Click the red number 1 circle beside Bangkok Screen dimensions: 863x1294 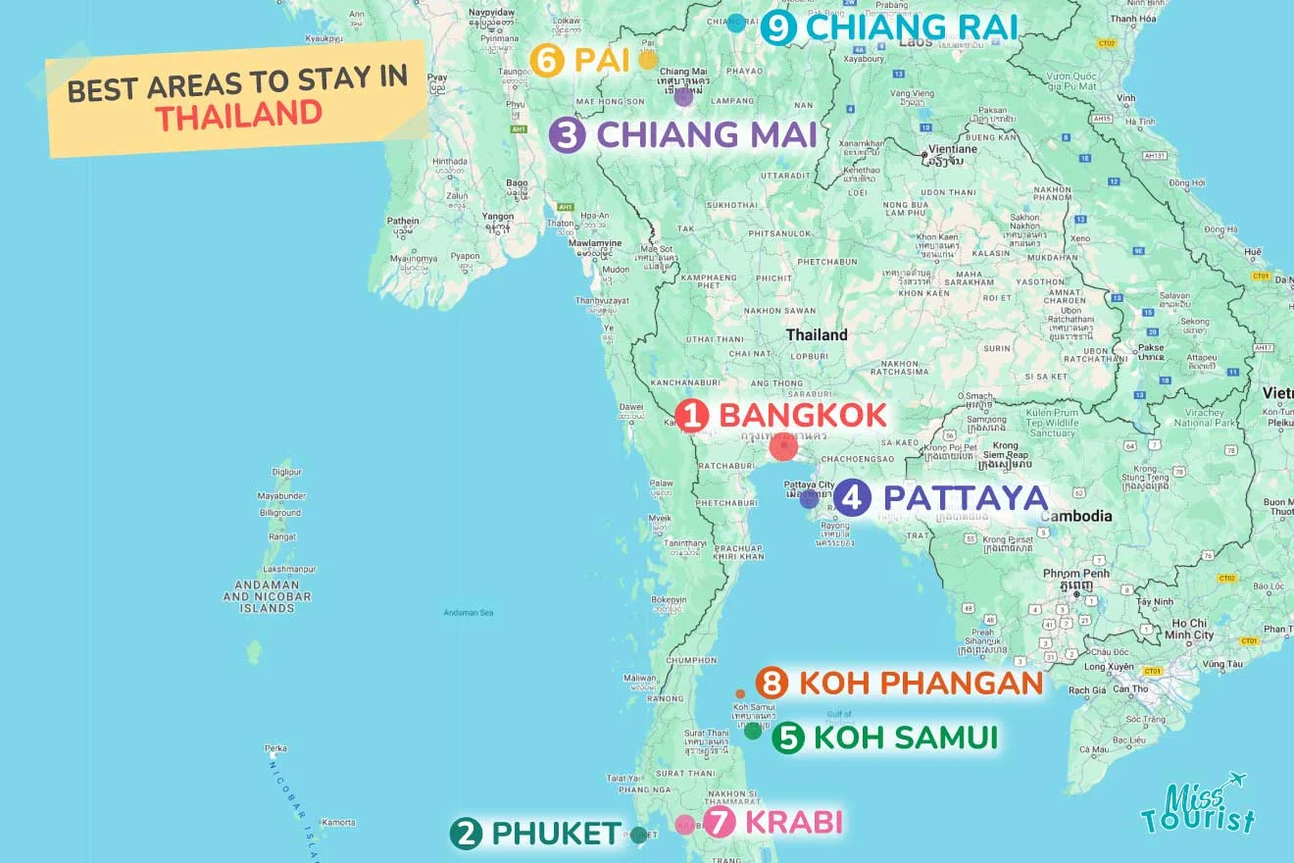[x=691, y=416]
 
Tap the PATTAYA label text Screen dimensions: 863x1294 [x=966, y=498]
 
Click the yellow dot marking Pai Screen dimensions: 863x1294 [x=647, y=61]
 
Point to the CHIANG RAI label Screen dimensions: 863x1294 [x=911, y=27]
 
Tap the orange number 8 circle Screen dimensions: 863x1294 [x=771, y=683]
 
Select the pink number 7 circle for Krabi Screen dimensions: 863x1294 [x=719, y=822]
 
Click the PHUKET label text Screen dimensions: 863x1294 [x=555, y=834]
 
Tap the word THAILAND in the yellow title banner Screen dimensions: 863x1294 [x=238, y=116]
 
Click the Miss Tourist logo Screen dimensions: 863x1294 [x=1198, y=804]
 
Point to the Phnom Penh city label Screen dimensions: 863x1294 [x=1074, y=573]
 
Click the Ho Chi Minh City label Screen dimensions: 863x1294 [x=1189, y=629]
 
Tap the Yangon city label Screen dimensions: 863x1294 [x=498, y=217]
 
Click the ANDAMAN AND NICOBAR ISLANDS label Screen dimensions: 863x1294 [x=267, y=596]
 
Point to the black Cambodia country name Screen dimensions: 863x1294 [x=1075, y=516]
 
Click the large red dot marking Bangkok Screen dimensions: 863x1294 [x=783, y=446]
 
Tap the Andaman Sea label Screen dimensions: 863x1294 [x=468, y=613]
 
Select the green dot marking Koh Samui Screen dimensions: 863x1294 [x=752, y=731]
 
